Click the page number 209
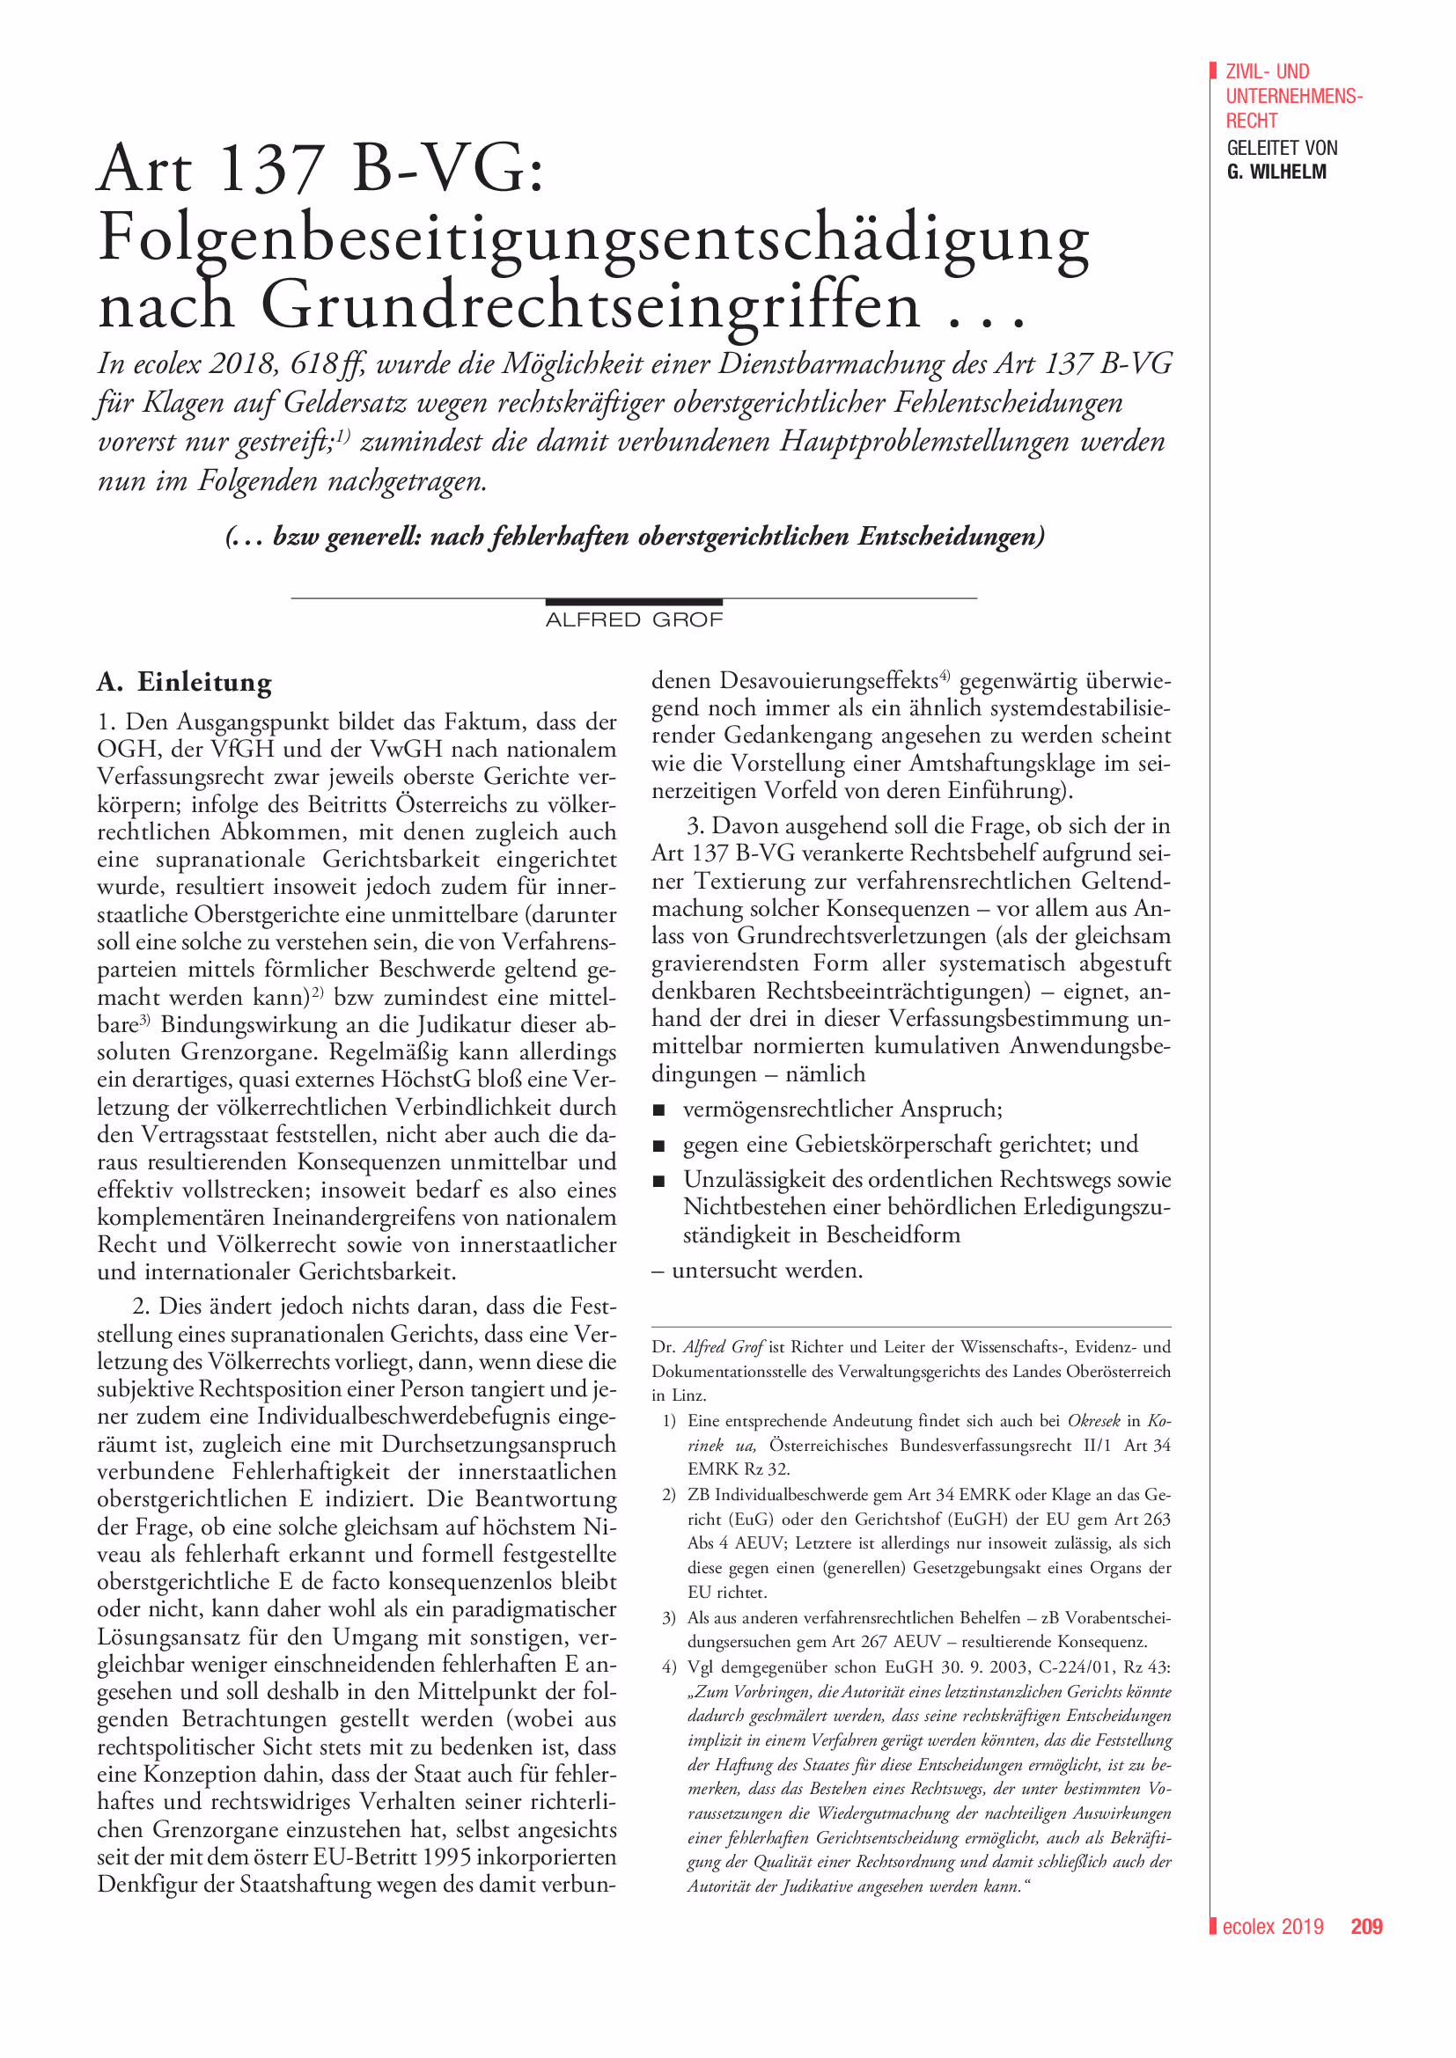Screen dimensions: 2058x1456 [x=1366, y=1927]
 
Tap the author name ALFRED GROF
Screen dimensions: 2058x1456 [x=634, y=620]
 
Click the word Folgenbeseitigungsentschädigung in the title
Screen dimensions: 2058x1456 [x=592, y=238]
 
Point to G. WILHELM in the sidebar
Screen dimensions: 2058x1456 [x=1276, y=172]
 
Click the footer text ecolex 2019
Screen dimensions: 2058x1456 [x=1272, y=1927]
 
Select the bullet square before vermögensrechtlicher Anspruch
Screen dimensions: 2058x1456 [x=659, y=1110]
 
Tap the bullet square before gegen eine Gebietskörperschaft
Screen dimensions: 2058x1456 [x=659, y=1146]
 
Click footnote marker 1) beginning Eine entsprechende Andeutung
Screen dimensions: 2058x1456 [x=669, y=1421]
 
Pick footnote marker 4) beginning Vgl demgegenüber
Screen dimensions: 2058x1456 [x=669, y=1667]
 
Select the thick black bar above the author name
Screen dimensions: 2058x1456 [x=634, y=602]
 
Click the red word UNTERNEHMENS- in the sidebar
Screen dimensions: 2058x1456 [x=1294, y=96]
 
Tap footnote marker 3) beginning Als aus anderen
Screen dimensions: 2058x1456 [x=669, y=1618]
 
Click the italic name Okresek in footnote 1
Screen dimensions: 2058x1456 [x=1093, y=1421]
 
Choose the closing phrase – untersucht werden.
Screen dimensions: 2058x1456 [x=758, y=1271]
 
